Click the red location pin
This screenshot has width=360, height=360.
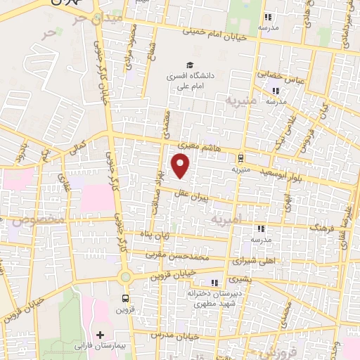pyautogui.click(x=181, y=166)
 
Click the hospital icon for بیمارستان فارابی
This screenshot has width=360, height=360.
pyautogui.click(x=101, y=335)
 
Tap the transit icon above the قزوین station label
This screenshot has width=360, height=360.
pyautogui.click(x=125, y=297)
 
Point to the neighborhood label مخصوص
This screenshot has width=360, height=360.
pyautogui.click(x=32, y=221)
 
